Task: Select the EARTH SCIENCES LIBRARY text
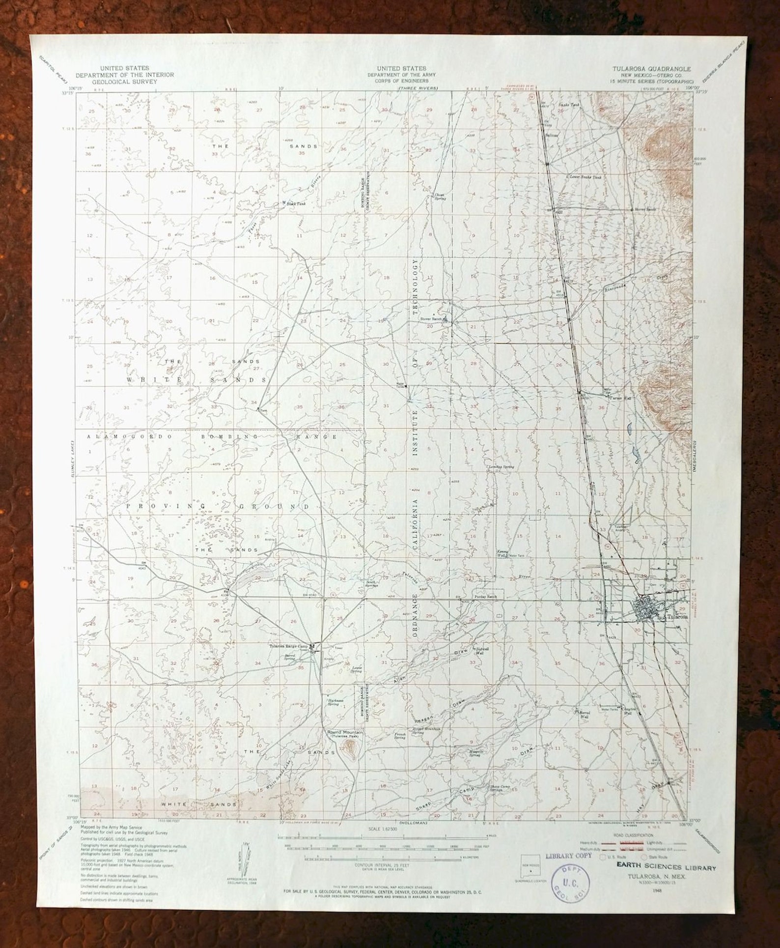[x=664, y=868]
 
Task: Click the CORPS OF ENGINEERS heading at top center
[x=401, y=81]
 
